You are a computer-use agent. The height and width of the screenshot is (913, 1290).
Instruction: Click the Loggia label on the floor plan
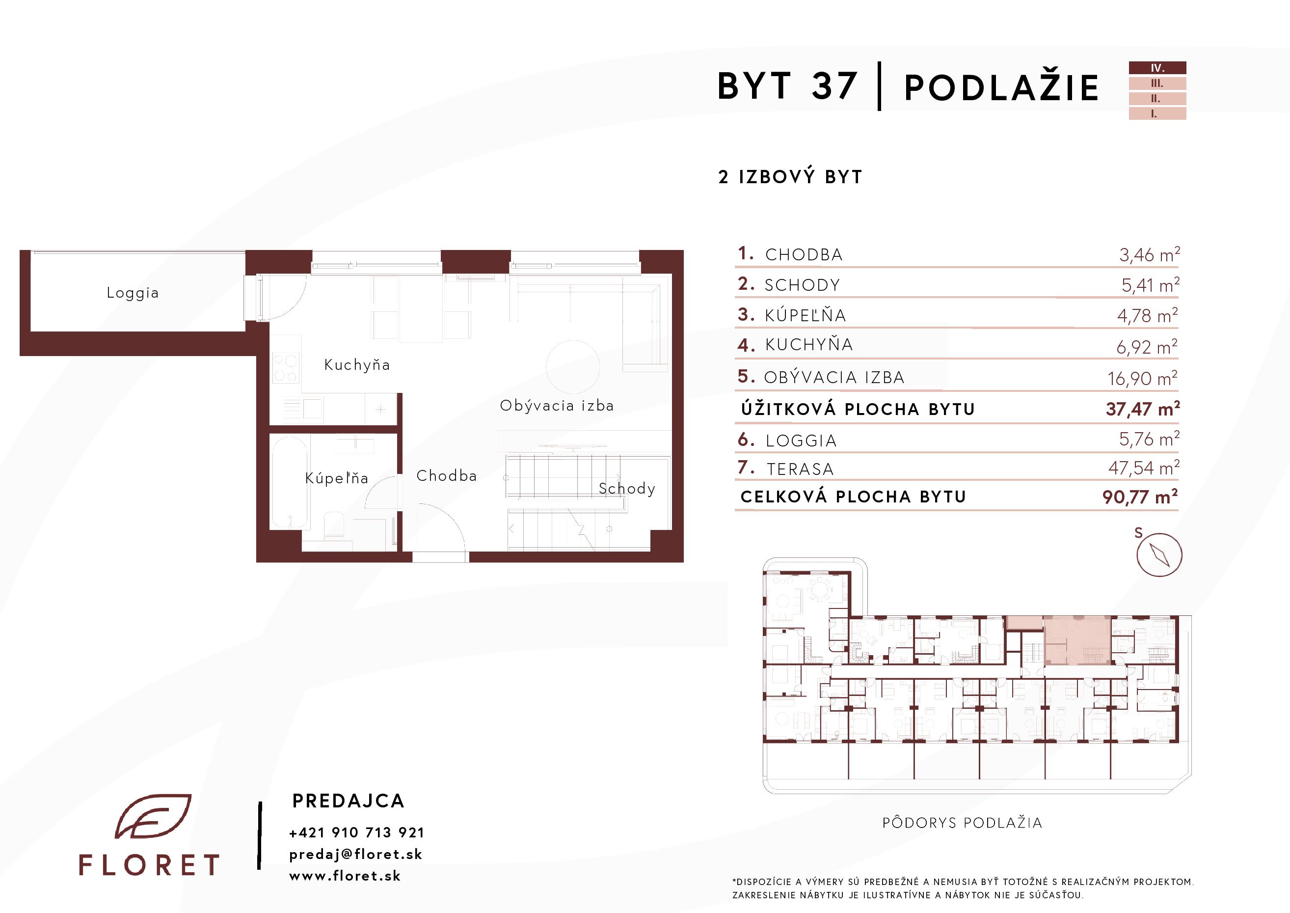pos(133,293)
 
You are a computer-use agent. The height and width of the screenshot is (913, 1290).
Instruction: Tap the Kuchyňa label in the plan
pos(357,365)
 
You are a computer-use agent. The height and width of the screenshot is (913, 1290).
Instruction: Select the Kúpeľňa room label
pos(337,478)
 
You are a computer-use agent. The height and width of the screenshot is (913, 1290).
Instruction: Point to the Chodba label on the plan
pos(446,475)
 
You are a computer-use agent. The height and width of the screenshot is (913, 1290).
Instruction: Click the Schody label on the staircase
pos(627,489)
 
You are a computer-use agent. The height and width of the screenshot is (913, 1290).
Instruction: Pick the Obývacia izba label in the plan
pos(557,405)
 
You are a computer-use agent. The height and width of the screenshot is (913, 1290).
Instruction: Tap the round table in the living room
pos(572,366)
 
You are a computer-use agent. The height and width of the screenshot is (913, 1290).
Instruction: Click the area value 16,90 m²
pos(1142,378)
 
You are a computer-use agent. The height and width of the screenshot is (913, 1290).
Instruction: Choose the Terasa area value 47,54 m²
pos(1143,468)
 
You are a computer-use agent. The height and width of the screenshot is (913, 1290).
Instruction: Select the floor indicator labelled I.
pos(1157,113)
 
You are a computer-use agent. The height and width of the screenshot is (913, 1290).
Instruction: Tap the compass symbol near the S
pos(1159,554)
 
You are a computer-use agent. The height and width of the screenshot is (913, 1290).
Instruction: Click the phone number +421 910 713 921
pos(357,832)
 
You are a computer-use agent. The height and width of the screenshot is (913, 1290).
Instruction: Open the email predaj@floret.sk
pos(356,855)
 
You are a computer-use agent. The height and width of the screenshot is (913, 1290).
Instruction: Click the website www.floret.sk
pos(345,876)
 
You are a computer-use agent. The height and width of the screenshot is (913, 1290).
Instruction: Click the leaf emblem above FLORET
pos(153,816)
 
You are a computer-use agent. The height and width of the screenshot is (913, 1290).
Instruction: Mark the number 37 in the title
pos(834,86)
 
